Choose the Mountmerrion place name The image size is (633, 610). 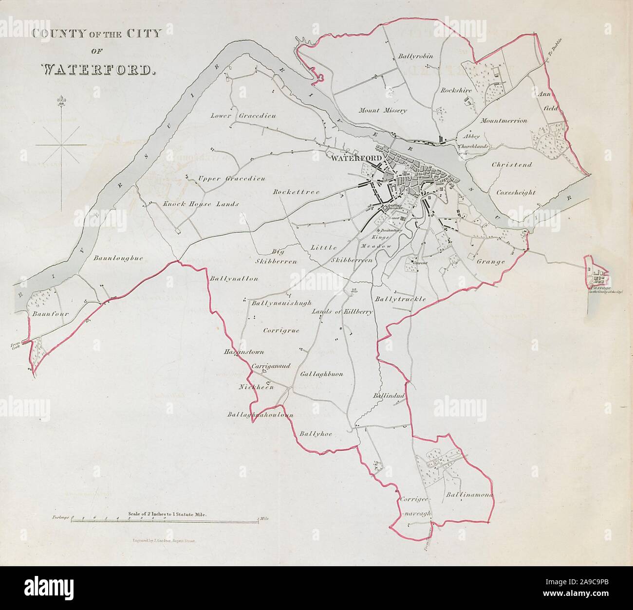click(503, 121)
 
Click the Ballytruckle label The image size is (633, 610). click(401, 298)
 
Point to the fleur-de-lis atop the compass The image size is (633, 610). click(61, 101)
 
